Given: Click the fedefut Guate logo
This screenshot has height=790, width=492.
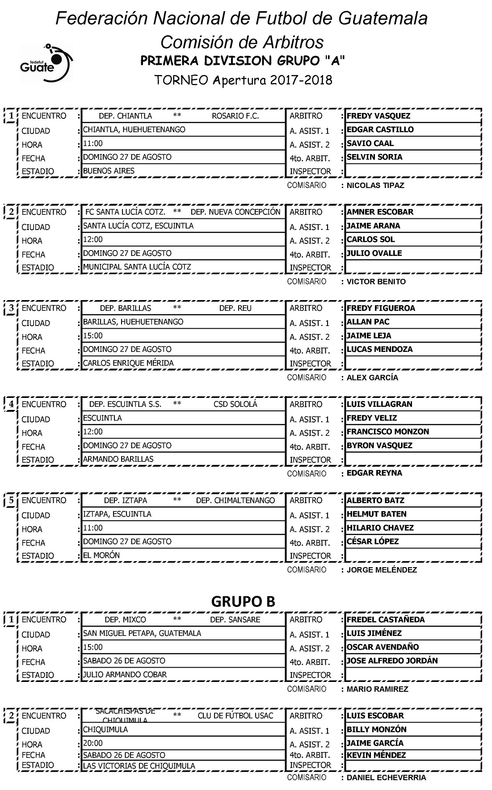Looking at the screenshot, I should pyautogui.click(x=46, y=63).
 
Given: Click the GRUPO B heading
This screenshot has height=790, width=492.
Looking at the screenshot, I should pyautogui.click(x=243, y=601).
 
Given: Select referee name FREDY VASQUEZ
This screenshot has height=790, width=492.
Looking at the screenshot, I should pyautogui.click(x=378, y=116).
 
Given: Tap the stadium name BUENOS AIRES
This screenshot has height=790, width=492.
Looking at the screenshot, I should pyautogui.click(x=109, y=171).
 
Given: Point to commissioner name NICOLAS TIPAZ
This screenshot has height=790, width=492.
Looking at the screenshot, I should pyautogui.click(x=375, y=185).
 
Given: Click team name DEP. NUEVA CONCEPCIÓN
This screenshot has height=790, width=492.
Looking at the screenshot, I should pyautogui.click(x=235, y=212).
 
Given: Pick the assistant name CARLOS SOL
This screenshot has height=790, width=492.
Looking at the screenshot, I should pyautogui.click(x=370, y=239).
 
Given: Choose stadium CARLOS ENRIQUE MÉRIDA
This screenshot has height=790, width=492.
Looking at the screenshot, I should pyautogui.click(x=128, y=363).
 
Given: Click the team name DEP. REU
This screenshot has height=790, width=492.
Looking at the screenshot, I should pyautogui.click(x=235, y=308).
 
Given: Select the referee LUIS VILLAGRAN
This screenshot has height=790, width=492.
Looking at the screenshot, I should pyautogui.click(x=379, y=404).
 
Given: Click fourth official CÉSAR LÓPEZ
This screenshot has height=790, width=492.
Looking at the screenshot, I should pyautogui.click(x=373, y=541).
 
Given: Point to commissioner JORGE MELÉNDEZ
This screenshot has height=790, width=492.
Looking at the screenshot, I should pyautogui.click(x=382, y=570).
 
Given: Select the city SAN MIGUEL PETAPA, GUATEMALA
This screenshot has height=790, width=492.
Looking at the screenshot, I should pyautogui.click(x=142, y=633).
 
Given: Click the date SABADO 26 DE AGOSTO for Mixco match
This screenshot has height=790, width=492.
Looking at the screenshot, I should pyautogui.click(x=124, y=660).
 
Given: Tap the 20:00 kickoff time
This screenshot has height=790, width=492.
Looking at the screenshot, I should pyautogui.click(x=93, y=743).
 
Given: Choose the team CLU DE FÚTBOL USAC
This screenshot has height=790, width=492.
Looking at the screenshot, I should pyautogui.click(x=235, y=715).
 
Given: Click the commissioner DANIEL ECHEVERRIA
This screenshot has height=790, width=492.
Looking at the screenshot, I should pyautogui.click(x=386, y=777).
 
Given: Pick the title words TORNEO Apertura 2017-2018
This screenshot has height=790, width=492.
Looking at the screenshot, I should pyautogui.click(x=243, y=80).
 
